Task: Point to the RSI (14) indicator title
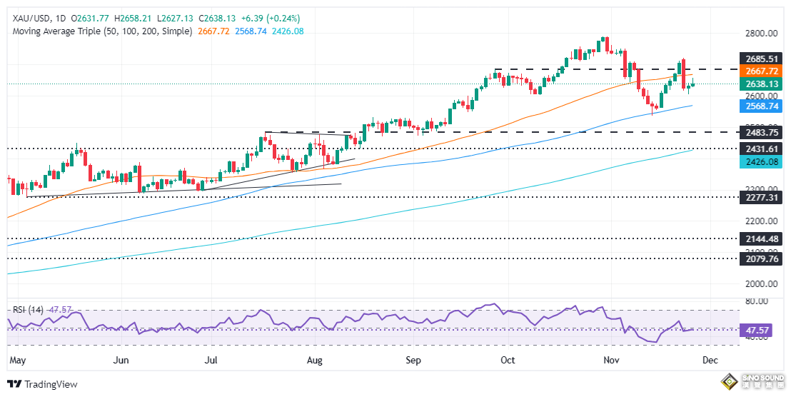tap(28, 310)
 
